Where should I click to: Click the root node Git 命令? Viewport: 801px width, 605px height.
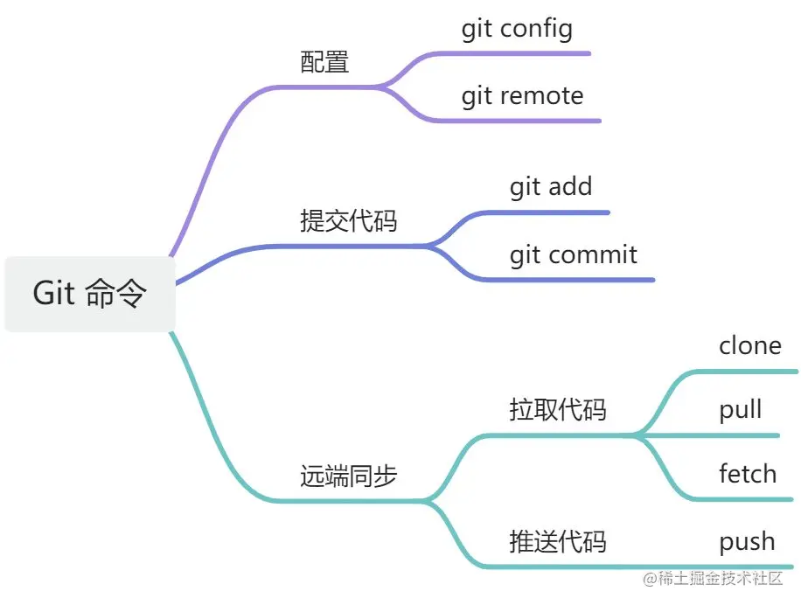coord(89,294)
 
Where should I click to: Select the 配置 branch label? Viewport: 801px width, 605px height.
coord(324,62)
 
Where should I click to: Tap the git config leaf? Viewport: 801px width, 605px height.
coord(517,29)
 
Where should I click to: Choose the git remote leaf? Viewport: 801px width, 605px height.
coord(522,95)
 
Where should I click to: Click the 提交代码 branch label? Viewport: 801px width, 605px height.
coord(348,221)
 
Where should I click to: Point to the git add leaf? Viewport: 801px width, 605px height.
coord(550,187)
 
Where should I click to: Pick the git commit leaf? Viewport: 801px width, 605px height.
coord(573,255)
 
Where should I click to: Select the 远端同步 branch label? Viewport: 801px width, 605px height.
coord(348,476)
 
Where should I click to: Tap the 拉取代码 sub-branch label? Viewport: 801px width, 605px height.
coord(557,410)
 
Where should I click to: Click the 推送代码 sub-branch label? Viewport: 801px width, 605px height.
coord(557,542)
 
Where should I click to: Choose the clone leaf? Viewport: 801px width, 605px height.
coord(749,346)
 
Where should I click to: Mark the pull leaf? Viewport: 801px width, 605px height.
coord(740,410)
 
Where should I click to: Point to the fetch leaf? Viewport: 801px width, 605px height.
coord(747,475)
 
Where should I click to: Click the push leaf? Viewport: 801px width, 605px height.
coord(746,542)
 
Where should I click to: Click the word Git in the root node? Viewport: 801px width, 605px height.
coord(53,294)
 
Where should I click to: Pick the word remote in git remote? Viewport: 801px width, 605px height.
coord(541,95)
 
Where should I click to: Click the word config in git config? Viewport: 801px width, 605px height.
coord(536,29)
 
